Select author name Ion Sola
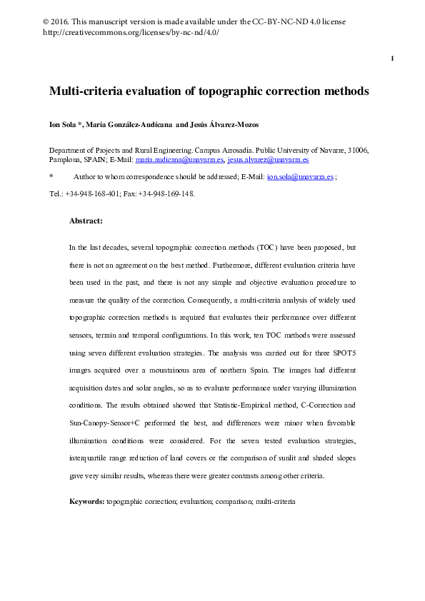[x=63, y=125]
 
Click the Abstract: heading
[x=86, y=221]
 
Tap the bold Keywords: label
[x=86, y=502]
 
